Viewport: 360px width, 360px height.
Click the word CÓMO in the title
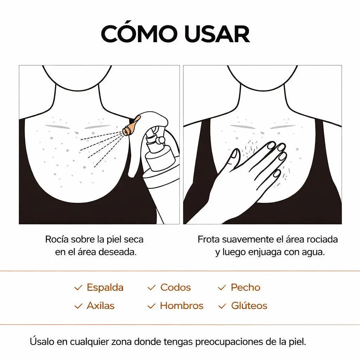coord(139,34)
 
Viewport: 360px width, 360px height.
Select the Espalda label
coord(105,287)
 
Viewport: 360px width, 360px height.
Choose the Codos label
coord(175,287)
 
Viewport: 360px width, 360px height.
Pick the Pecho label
coord(245,287)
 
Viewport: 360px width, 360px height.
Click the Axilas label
coord(101,306)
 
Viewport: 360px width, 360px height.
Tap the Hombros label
coord(181,306)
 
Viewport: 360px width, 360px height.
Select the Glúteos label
coord(249,306)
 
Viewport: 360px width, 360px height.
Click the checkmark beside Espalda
coord(78,288)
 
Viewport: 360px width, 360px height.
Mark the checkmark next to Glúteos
coord(222,306)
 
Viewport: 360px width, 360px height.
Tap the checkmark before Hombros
coord(151,306)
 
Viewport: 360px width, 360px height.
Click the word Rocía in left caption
coord(57,239)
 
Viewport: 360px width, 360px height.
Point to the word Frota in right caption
coord(208,239)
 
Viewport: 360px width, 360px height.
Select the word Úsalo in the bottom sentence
coord(40,341)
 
